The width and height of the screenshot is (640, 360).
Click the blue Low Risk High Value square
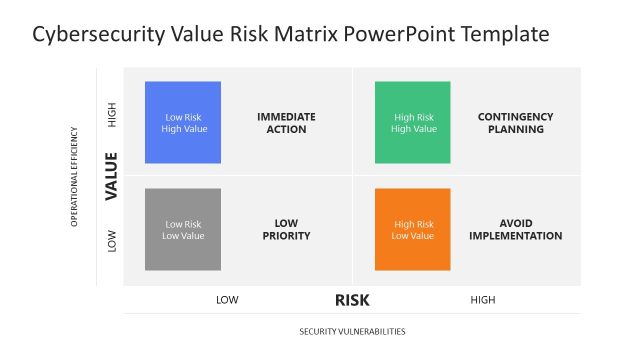(x=183, y=122)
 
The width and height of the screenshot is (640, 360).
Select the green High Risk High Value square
(x=413, y=122)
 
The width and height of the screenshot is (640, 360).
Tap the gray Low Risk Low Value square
(x=183, y=229)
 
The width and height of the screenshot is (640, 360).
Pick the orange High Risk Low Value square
(x=413, y=229)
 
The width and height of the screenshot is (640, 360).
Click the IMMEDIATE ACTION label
(x=286, y=123)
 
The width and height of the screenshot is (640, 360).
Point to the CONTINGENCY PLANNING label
(x=515, y=123)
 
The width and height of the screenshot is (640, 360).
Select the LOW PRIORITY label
(x=286, y=230)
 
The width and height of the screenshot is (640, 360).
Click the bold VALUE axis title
(x=111, y=175)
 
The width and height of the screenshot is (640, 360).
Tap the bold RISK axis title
(x=353, y=299)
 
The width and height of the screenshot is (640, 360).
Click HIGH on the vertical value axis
(x=111, y=117)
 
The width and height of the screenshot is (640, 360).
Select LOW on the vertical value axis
(x=111, y=240)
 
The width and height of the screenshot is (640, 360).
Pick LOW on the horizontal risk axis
(x=227, y=300)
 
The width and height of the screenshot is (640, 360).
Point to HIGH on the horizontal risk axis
(x=482, y=300)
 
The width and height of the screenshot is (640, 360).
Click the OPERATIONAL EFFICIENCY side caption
(x=74, y=176)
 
